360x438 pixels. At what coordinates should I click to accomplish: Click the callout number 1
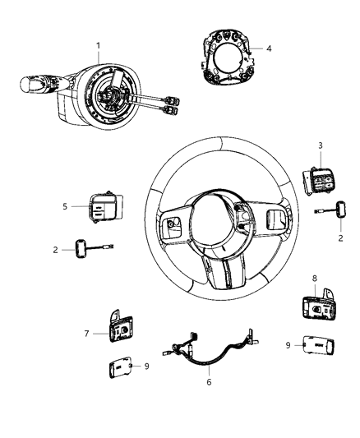coord(98,44)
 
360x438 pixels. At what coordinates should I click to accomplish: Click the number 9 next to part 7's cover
coord(147,366)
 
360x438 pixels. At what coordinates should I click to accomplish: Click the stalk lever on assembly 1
coord(35,85)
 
